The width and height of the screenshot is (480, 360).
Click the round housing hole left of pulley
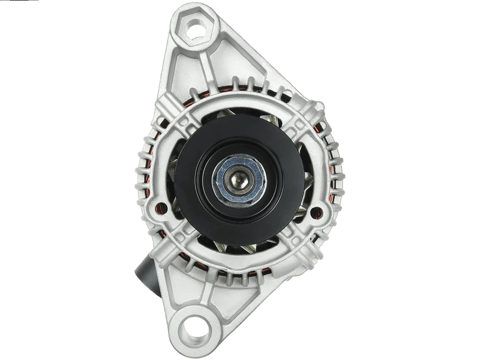(x=160, y=208)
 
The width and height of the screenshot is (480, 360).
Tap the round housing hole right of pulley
(x=320, y=211)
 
